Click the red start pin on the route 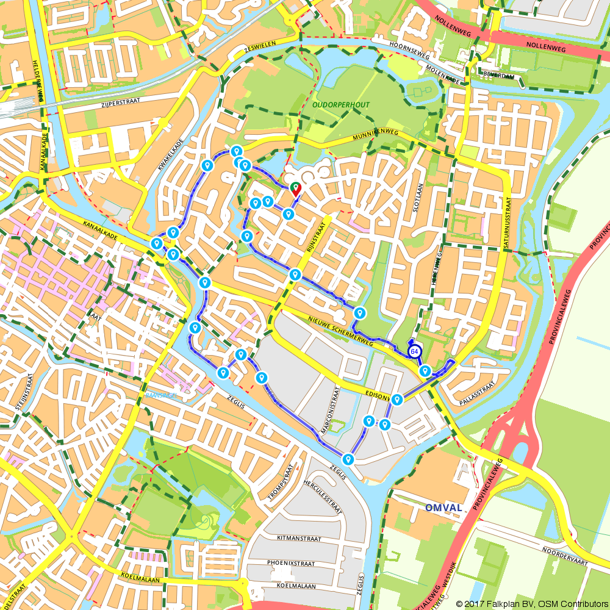click(295, 188)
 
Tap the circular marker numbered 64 click(414, 351)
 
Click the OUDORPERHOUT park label click(341, 105)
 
